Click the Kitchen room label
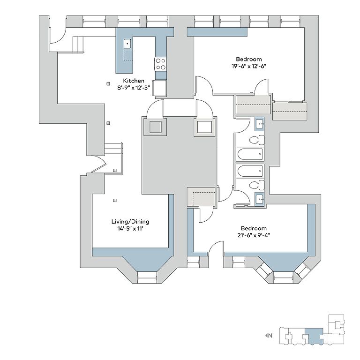coord(134,81)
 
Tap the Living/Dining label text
coord(130,222)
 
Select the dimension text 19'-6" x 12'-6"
coord(249,66)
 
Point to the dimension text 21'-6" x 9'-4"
coord(254,235)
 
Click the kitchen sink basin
coord(127,44)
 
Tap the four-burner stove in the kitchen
coord(160,64)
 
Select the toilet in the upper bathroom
coord(257,140)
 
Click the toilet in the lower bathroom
coord(257,185)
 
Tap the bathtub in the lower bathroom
coord(250,171)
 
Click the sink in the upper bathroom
coord(260,124)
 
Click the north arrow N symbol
coord(269,336)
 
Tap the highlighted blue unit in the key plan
coord(314,336)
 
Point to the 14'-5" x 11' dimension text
coord(130,229)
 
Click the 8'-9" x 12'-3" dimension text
coord(134,88)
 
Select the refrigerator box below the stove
coord(160,88)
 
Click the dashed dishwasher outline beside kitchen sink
coord(128,55)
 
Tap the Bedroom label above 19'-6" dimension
coord(249,59)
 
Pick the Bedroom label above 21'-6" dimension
coord(254,228)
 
